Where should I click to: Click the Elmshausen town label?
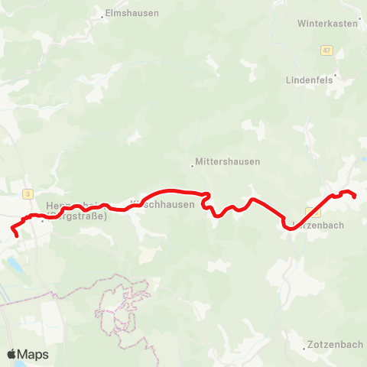(x=132, y=13)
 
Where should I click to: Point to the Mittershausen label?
(x=228, y=162)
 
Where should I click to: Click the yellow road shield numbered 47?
(x=327, y=50)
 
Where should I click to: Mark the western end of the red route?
(x=15, y=234)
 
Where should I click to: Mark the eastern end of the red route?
(x=355, y=196)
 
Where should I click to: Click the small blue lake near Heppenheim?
(x=15, y=265)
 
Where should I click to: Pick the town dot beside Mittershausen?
(x=192, y=163)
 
